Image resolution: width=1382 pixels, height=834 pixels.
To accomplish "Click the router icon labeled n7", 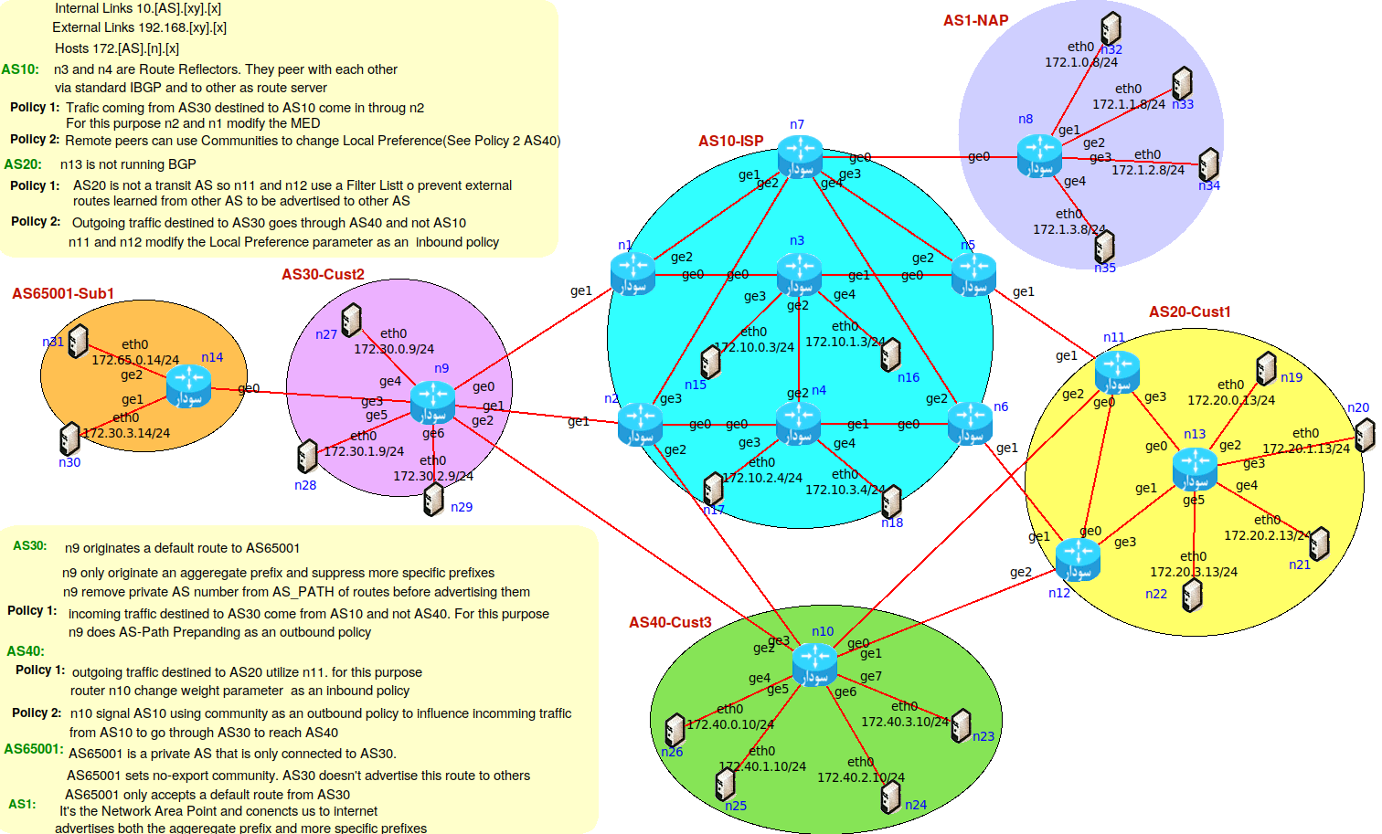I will point(800,155).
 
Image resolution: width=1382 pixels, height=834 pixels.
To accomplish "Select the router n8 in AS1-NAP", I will point(1039,155).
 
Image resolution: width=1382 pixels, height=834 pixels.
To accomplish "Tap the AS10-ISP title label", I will point(730,141).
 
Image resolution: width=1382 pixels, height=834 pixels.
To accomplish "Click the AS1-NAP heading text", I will point(975,20).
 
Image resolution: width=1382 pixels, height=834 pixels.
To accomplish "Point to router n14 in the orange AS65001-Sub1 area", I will point(188,385).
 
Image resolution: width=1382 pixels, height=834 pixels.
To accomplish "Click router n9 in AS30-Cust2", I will point(431,402).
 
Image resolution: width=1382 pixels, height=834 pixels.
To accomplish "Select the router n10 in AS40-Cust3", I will point(813,663).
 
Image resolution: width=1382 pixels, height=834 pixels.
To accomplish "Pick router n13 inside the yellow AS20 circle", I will point(1194,468).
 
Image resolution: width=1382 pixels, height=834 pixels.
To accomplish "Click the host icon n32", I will point(1111,29).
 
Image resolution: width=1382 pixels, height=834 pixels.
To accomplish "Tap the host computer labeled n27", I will point(351,321).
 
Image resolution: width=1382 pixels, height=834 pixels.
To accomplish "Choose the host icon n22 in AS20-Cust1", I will point(1192,595).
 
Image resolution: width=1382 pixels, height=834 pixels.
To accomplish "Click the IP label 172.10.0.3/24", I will point(754,347).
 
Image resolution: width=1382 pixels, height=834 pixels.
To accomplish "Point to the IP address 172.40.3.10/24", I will point(904,722).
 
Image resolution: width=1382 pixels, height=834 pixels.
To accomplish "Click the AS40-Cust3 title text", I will point(670,622).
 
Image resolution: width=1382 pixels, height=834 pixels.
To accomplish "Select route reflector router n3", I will point(799,273).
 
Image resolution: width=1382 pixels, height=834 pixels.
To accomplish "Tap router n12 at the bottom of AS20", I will point(1078,559).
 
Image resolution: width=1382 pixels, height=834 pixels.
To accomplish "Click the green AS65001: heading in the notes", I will point(33,749).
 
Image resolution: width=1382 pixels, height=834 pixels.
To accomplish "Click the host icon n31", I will point(79,341).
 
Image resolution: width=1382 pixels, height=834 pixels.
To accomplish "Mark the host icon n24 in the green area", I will point(890,797).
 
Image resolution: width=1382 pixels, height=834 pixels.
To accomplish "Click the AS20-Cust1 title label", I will point(1189,311).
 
